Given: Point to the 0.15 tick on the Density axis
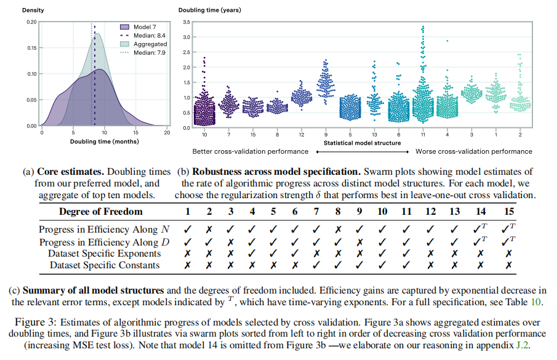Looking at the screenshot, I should [x=31, y=47].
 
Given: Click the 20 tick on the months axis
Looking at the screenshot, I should [x=167, y=132].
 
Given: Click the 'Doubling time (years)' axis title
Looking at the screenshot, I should [x=210, y=10].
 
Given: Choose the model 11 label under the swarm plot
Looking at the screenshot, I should [x=423, y=134].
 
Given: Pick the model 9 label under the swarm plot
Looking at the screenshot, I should [x=324, y=134].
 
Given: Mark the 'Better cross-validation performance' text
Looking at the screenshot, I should [x=250, y=151].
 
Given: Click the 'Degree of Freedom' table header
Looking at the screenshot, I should [x=101, y=212].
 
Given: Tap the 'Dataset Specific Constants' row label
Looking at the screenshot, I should [x=105, y=265].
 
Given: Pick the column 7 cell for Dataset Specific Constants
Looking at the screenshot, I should [x=316, y=265].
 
